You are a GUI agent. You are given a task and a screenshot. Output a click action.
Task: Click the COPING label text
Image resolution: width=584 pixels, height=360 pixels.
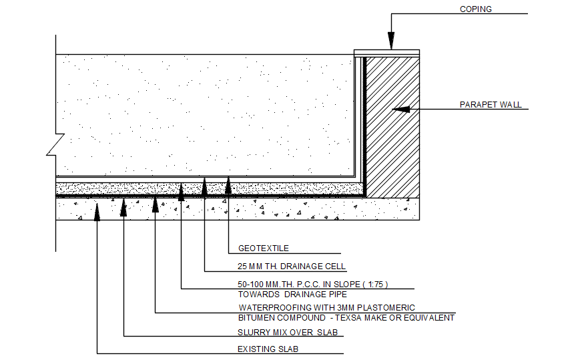point(476,9)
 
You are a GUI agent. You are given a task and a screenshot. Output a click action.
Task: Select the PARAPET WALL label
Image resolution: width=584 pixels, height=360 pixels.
point(491,105)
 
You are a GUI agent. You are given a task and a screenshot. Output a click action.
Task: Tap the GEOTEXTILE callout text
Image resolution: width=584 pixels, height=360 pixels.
point(264,248)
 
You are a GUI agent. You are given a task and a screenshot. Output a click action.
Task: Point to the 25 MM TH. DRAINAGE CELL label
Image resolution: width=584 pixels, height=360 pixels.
point(292,266)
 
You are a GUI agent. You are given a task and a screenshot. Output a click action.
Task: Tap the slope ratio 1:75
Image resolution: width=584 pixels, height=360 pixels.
point(375,284)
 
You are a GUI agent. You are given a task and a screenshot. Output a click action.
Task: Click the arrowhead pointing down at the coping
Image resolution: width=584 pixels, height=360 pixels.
point(390,44)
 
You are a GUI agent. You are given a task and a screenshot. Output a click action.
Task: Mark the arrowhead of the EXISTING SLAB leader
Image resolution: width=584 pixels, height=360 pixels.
point(97,210)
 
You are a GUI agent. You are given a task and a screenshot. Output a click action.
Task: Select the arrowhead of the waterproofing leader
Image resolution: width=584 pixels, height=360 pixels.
point(156,203)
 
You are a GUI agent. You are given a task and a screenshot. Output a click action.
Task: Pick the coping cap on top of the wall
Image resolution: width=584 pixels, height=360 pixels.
point(386,52)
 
